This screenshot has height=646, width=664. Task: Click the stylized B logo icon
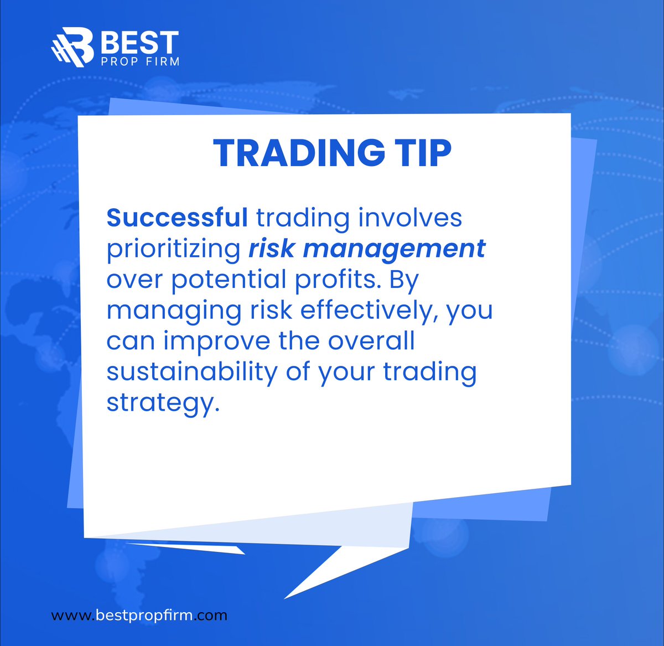click(72, 46)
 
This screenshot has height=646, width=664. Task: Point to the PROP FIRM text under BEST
click(139, 61)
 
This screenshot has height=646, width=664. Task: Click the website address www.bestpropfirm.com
click(139, 615)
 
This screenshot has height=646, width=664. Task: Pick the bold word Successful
click(177, 218)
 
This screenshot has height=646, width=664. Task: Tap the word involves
click(409, 218)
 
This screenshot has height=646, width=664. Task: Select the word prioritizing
click(173, 249)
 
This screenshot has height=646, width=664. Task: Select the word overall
click(371, 341)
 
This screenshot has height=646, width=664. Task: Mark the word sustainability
click(191, 371)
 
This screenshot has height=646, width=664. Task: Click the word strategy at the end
click(159, 402)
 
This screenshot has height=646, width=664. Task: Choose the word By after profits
click(404, 281)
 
